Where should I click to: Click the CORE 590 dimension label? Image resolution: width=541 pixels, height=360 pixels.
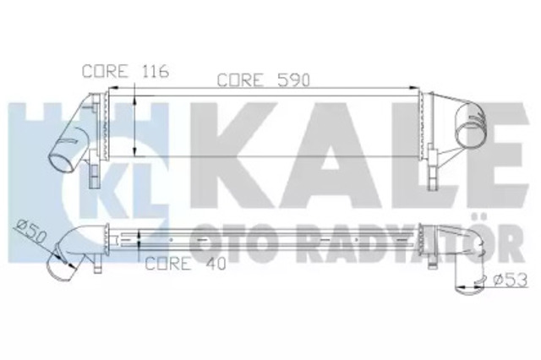tap(265, 81)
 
